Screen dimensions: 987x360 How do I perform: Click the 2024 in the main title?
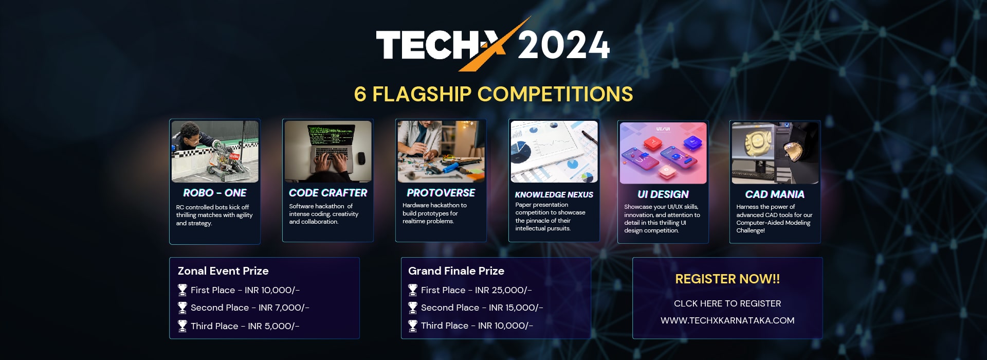click(x=563, y=45)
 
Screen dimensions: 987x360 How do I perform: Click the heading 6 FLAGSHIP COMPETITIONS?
click(x=493, y=94)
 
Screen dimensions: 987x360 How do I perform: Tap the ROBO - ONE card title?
click(x=215, y=193)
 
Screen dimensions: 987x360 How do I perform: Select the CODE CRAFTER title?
click(x=328, y=193)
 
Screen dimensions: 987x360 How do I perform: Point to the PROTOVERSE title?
click(x=441, y=193)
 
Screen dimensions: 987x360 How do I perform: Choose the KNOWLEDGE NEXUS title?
click(x=554, y=195)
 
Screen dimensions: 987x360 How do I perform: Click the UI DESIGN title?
click(x=663, y=194)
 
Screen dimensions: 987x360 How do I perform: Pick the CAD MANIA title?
click(x=775, y=194)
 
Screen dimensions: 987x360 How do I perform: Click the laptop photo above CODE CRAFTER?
click(x=328, y=152)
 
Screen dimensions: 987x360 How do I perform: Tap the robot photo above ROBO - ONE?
click(x=215, y=152)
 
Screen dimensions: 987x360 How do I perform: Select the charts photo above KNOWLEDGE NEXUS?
click(x=554, y=152)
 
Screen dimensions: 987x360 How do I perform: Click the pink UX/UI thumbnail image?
click(x=663, y=153)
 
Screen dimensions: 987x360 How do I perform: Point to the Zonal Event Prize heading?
click(x=223, y=271)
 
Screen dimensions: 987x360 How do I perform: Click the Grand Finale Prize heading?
click(x=456, y=271)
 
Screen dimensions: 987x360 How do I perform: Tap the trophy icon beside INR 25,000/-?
click(x=413, y=290)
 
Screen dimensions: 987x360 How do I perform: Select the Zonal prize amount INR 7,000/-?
click(x=284, y=308)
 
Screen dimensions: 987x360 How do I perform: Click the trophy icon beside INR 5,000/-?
click(x=182, y=326)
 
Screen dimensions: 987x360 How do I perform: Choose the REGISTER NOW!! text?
click(x=727, y=279)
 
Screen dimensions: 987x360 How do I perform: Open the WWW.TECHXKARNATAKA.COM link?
click(x=727, y=320)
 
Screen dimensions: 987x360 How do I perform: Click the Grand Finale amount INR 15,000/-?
click(x=516, y=308)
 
